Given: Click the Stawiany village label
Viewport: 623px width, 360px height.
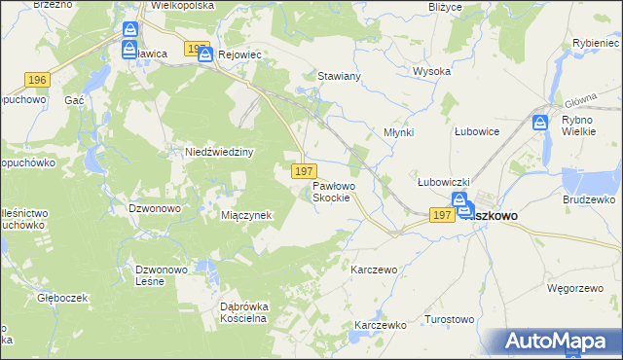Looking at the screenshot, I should point(341,75).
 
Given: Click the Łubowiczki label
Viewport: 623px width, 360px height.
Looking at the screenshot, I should point(444,182).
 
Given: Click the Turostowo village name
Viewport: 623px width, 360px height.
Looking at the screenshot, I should point(450,319).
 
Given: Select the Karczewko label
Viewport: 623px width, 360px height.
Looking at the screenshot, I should point(380,325).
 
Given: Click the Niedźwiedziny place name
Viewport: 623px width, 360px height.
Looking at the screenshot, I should point(219,153).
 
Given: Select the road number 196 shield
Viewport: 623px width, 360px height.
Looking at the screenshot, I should point(38,80).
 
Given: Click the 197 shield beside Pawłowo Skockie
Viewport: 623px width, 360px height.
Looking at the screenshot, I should point(301,171).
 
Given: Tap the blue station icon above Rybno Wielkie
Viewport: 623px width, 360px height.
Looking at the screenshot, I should point(541,123).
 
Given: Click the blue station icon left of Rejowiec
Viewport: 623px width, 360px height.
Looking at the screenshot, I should point(204,55).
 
